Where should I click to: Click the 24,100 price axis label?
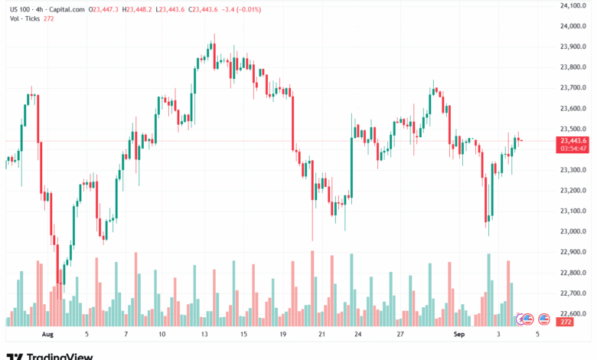click(573, 5)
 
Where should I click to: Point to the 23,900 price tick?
click(573, 47)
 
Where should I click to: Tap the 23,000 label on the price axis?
click(573, 231)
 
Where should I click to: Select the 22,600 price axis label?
click(573, 313)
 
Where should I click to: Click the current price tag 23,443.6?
click(573, 140)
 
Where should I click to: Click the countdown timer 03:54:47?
click(573, 149)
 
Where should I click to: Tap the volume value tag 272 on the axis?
click(566, 322)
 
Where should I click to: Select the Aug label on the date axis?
click(47, 335)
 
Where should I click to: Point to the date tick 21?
click(322, 335)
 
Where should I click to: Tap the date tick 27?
click(400, 335)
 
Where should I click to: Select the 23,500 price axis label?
click(573, 129)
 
